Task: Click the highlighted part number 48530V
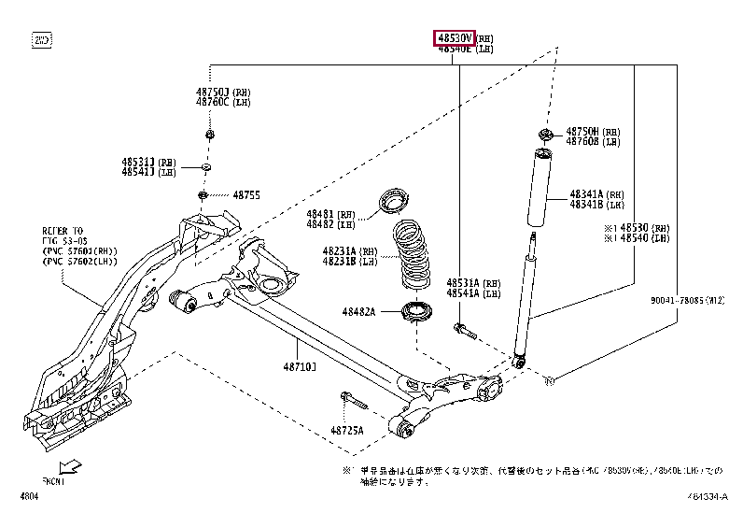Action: (454, 37)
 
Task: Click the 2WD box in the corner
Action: (42, 40)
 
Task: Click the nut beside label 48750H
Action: (545, 133)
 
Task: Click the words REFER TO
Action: (62, 229)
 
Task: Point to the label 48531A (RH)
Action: (473, 282)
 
